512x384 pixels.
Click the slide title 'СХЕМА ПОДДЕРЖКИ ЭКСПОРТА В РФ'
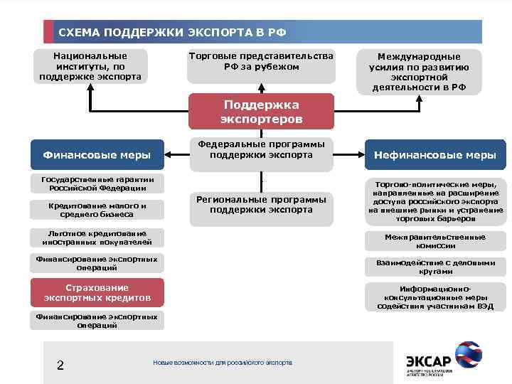tap(172, 33)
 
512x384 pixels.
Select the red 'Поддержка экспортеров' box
tap(261, 111)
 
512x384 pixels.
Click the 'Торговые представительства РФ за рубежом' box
tap(261, 62)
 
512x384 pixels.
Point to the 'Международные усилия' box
tap(419, 72)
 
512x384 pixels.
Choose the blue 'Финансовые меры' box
tap(97, 154)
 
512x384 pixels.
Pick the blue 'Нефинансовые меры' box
tap(435, 155)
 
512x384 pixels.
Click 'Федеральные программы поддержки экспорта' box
tap(261, 149)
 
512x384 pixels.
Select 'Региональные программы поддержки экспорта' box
tap(261, 205)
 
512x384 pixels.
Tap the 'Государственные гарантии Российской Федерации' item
tap(97, 183)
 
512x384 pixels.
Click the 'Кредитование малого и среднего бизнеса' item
tap(97, 210)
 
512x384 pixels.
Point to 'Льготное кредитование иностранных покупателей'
tap(97, 238)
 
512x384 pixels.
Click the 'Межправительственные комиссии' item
tap(435, 241)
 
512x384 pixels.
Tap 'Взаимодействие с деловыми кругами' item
tap(435, 267)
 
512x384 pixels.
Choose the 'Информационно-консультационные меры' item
tap(435, 298)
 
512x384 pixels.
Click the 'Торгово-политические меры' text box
tap(435, 201)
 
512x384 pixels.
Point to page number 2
tap(60, 366)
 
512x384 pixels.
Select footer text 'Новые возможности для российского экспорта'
tap(223, 363)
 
